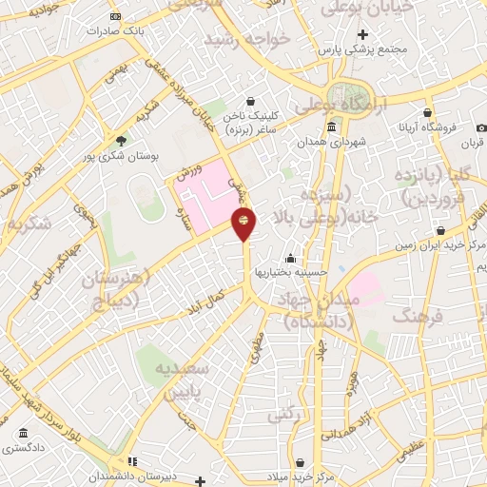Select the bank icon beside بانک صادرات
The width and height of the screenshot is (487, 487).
point(115,17)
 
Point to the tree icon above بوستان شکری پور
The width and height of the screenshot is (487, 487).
point(119,139)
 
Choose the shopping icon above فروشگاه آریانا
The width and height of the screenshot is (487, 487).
point(428,111)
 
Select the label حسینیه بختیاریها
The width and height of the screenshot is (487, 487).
point(291,273)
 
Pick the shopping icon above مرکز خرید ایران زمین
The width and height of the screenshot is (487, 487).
point(440,230)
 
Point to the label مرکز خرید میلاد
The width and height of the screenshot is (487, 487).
point(299,476)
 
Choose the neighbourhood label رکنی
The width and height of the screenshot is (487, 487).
point(282,414)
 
